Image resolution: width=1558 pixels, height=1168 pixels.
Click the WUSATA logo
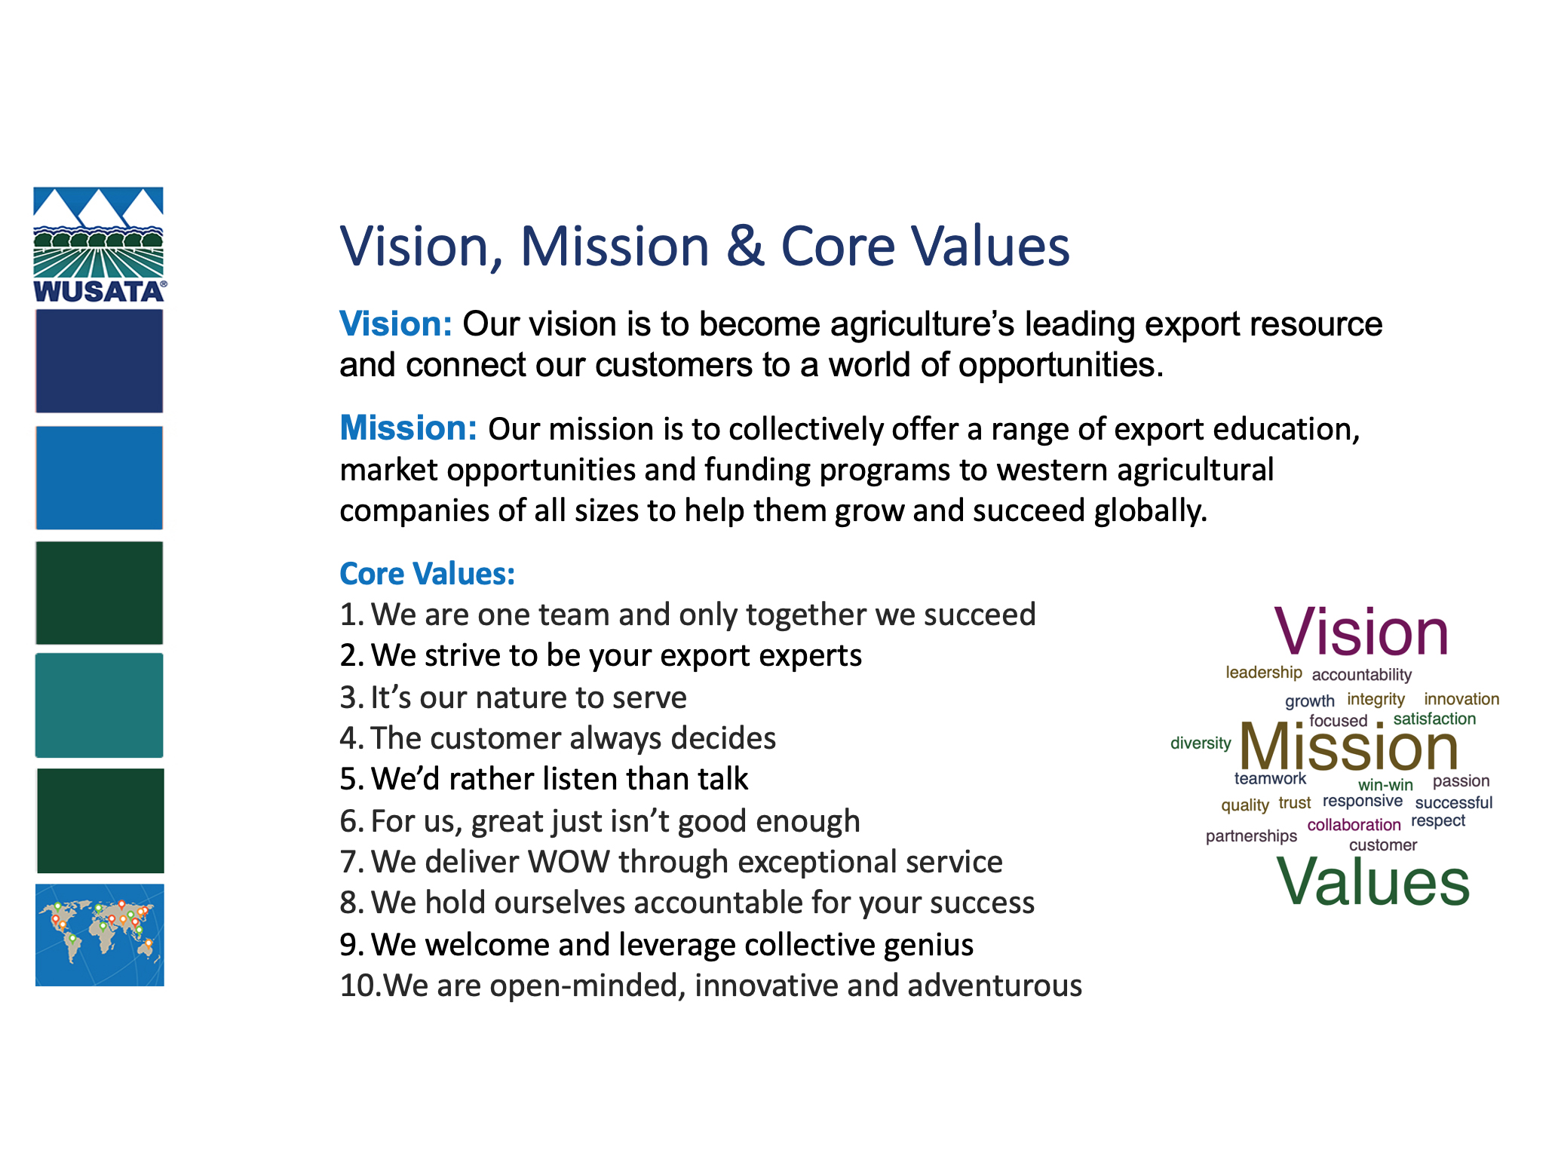coord(99,245)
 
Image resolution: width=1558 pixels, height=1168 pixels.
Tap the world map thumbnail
coord(100,935)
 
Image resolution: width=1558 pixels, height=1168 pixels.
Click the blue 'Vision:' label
coord(396,324)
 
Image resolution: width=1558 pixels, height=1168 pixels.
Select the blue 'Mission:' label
coord(408,428)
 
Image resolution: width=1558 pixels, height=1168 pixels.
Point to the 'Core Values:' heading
coord(428,574)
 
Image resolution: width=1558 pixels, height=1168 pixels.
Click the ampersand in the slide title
coord(745,246)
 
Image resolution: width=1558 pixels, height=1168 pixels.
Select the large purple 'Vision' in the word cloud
coord(1361,631)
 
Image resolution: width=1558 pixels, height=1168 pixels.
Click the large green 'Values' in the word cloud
coord(1372,881)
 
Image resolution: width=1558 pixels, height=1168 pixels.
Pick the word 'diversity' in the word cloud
coord(1201,743)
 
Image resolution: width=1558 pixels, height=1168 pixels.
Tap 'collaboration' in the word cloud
coord(1354,825)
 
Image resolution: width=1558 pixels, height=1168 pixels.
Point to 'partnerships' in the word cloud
coord(1251,836)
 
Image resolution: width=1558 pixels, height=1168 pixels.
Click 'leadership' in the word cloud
coord(1264,673)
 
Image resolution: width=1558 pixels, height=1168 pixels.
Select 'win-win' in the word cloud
coord(1385,785)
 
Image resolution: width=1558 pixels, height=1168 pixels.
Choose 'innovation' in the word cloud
coord(1461,699)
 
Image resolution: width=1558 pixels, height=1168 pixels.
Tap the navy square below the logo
coord(99,361)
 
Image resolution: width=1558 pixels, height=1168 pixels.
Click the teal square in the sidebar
coord(99,705)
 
